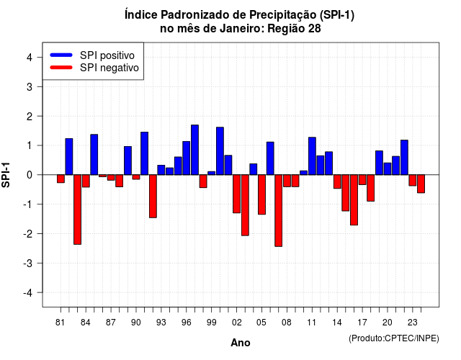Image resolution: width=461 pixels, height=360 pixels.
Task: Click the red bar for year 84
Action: [86, 181]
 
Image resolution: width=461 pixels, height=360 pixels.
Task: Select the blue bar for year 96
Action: [186, 158]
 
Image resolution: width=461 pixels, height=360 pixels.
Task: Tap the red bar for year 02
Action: [236, 194]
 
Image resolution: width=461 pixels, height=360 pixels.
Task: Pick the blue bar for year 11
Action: [312, 156]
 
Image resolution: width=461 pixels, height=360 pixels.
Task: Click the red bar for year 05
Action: [261, 194]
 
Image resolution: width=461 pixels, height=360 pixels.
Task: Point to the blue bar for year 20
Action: [388, 168]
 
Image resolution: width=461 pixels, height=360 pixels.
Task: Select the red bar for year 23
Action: [413, 180]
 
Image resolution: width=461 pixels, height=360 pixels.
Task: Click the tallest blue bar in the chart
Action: [194, 150]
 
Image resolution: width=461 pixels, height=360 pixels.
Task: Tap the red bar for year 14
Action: [337, 181]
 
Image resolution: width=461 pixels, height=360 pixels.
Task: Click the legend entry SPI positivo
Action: [107, 55]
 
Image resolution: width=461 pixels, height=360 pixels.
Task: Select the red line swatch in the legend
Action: [61, 68]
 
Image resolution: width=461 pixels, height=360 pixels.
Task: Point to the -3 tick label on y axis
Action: [29, 263]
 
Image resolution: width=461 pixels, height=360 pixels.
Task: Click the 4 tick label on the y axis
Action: [30, 57]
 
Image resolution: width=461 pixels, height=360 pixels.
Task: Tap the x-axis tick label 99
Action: [211, 323]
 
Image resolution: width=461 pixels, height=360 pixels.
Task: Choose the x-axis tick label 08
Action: [287, 323]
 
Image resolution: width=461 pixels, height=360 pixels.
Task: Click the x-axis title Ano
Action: [241, 343]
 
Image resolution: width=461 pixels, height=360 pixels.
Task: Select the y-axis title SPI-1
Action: [6, 175]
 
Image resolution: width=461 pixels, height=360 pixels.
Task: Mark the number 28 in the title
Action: [314, 29]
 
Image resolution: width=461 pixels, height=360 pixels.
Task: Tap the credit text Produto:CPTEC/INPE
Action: [394, 338]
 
